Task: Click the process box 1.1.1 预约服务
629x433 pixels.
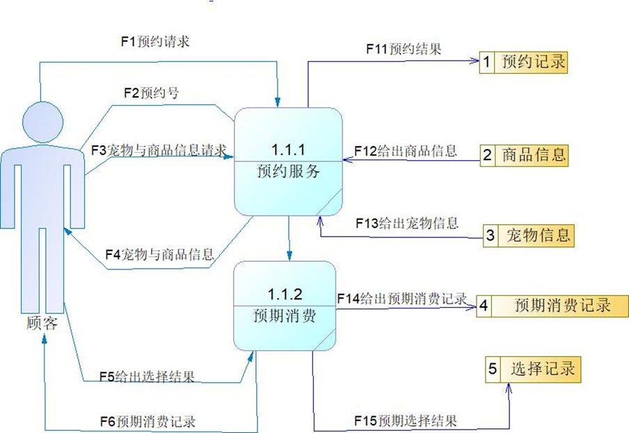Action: click(289, 162)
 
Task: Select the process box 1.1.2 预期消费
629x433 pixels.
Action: click(285, 306)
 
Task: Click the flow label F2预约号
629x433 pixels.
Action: click(150, 93)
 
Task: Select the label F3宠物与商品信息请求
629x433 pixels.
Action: click(159, 150)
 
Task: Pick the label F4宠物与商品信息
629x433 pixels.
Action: click(159, 254)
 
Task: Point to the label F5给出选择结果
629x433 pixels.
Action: click(146, 377)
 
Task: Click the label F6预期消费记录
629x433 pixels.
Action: click(147, 421)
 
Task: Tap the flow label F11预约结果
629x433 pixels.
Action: click(404, 49)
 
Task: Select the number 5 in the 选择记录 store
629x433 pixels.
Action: click(493, 369)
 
